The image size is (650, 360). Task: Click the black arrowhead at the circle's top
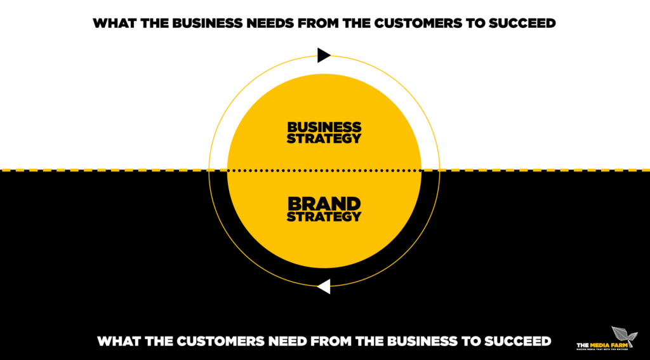(324, 55)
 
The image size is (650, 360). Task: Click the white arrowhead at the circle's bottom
(324, 286)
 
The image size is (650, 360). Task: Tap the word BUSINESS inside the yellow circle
(324, 127)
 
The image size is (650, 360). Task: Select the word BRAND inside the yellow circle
(324, 204)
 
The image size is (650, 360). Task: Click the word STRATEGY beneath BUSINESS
(324, 138)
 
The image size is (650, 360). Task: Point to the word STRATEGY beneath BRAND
(324, 217)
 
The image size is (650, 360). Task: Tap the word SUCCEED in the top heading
(521, 23)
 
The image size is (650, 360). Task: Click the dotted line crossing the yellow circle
(324, 170)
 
